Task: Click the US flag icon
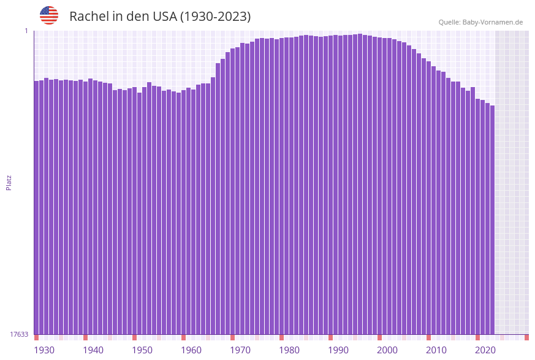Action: tap(49, 15)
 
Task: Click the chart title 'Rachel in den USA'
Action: tap(160, 17)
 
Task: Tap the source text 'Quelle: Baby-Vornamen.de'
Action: tap(480, 22)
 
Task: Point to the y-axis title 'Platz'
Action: tap(9, 183)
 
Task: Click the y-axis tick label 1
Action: tap(26, 31)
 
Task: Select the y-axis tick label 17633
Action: tap(19, 334)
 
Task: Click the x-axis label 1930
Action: tap(44, 350)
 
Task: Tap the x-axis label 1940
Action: tap(93, 350)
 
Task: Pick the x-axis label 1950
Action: tap(142, 350)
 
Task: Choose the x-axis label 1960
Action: tap(191, 350)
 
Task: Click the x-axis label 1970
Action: tap(240, 350)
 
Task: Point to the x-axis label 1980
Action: tap(289, 350)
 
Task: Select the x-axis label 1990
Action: tap(338, 350)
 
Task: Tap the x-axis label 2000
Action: tap(387, 350)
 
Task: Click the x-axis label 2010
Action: tap(436, 350)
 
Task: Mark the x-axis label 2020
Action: tap(485, 350)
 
